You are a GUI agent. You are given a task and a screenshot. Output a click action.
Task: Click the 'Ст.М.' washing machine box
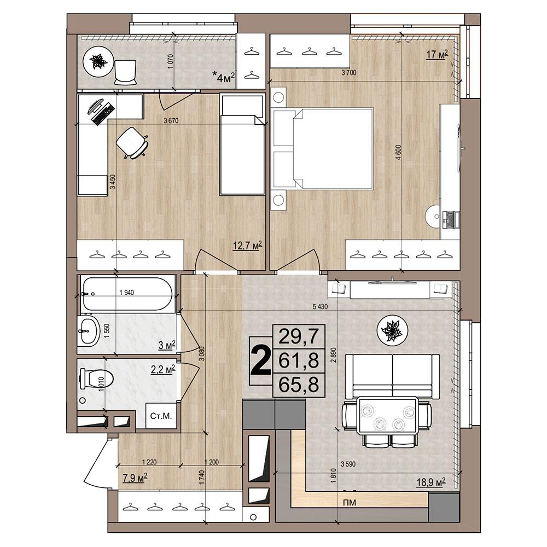pos(161,416)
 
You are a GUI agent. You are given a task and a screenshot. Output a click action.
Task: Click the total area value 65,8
pos(299,385)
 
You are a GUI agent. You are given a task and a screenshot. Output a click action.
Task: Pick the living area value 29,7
pos(299,336)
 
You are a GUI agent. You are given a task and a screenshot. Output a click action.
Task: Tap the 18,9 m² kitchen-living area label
pos(431,482)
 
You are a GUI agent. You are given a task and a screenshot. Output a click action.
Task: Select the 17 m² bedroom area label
pos(437,54)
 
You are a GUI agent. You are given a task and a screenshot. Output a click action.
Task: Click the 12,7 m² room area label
pos(247,246)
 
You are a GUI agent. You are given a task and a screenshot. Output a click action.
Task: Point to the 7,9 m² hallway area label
pos(135,477)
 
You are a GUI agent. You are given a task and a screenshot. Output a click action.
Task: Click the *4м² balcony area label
pos(225,77)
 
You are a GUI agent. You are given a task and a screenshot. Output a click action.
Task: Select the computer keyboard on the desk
pos(103,112)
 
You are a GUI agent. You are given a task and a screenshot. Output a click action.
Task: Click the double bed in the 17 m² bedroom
pos(323,149)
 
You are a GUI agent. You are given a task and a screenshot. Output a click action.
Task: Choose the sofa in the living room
pos(392,376)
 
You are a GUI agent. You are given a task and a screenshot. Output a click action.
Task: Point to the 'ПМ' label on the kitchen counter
pos(350,503)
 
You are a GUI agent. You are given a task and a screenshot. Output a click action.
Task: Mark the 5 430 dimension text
pos(320,307)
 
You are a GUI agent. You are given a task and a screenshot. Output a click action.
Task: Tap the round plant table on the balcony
pos(98,62)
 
